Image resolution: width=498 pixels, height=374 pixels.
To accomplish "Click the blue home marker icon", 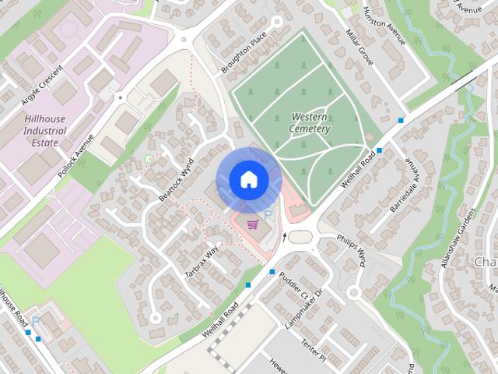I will pyautogui.click(x=247, y=179).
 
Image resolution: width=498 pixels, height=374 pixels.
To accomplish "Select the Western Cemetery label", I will pyautogui.click(x=310, y=122).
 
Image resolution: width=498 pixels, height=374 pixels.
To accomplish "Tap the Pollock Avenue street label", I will pyautogui.click(x=76, y=153).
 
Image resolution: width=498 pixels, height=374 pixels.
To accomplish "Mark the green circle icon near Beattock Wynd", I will pyautogui.click(x=149, y=160).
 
